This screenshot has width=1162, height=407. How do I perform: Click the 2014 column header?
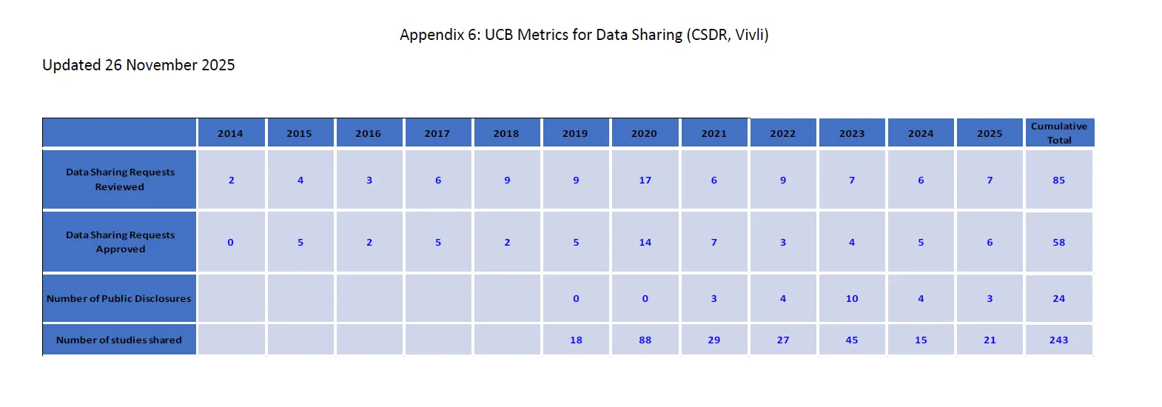tap(230, 134)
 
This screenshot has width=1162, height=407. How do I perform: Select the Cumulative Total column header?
tap(1059, 133)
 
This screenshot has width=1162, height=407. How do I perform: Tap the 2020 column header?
tap(644, 134)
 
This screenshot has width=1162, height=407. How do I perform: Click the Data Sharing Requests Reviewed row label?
tap(120, 180)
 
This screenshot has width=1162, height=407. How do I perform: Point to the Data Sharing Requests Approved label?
tap(120, 242)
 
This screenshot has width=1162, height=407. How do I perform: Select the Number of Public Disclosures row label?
tap(118, 299)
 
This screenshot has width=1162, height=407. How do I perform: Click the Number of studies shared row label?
tap(118, 340)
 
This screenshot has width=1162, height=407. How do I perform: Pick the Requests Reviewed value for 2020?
tap(645, 181)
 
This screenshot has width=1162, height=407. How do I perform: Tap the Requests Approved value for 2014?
tap(230, 243)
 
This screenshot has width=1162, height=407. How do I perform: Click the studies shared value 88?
tap(645, 340)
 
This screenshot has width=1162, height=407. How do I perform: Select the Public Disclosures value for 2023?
tap(852, 299)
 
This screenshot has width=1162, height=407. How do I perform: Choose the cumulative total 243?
tap(1058, 340)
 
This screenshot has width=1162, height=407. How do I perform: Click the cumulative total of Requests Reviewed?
tap(1058, 181)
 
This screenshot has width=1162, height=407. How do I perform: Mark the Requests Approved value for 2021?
tap(714, 243)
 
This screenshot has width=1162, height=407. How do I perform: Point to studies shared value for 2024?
tap(921, 340)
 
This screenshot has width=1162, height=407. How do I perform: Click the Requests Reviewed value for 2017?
tap(438, 181)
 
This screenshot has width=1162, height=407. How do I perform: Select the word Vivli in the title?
tap(750, 35)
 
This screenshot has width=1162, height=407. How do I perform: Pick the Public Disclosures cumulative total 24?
tap(1058, 299)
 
